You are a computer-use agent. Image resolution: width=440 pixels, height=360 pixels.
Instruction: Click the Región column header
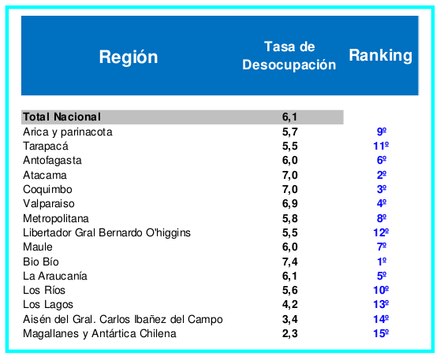(x=129, y=57)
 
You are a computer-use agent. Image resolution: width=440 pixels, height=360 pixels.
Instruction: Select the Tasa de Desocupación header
(x=289, y=56)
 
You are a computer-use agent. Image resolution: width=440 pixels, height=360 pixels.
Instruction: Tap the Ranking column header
(x=380, y=55)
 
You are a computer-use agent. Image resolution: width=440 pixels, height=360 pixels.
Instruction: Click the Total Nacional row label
(x=62, y=117)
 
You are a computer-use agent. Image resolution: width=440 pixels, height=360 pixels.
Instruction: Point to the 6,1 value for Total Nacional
(x=289, y=117)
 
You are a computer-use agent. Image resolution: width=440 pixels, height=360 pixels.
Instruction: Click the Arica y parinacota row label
(x=68, y=132)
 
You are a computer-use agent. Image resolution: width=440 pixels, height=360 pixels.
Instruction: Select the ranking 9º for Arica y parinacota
(x=382, y=132)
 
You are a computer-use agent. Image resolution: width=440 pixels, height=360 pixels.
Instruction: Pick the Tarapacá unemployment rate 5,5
(x=289, y=146)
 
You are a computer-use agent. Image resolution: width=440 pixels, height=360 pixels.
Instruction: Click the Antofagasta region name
(x=53, y=160)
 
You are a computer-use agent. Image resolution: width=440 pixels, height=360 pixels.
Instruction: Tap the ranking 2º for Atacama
(x=382, y=175)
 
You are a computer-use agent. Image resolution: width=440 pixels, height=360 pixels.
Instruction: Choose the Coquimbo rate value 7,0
(x=289, y=189)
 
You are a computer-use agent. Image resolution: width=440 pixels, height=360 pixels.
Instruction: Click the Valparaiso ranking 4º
(x=382, y=203)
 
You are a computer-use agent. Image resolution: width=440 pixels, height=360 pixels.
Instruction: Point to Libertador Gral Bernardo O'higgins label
(x=107, y=232)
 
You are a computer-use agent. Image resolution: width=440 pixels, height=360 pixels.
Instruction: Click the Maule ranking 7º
(x=382, y=247)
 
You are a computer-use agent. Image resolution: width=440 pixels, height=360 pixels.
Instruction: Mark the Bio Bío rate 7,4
(x=289, y=261)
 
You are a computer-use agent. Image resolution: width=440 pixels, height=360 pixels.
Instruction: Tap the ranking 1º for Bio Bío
(x=382, y=261)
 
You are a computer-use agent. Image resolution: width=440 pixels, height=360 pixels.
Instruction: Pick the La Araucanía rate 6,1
(x=289, y=276)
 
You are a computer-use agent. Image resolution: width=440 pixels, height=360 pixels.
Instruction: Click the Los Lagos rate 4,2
(x=289, y=304)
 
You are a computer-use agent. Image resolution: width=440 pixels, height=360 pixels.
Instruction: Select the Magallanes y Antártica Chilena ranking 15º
(x=382, y=333)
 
